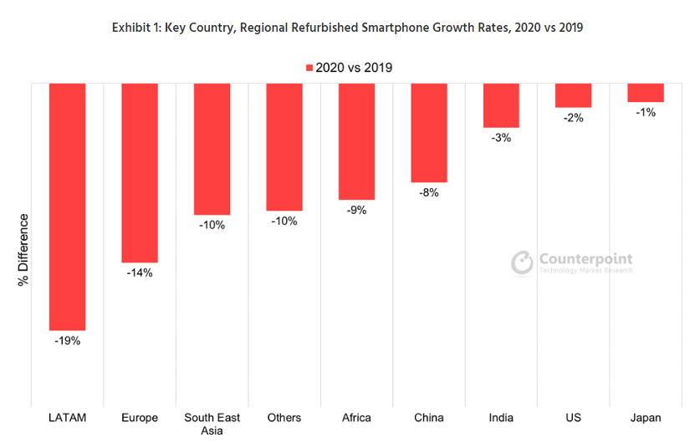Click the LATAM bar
click(x=68, y=206)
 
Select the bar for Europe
click(x=140, y=173)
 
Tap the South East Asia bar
click(x=212, y=150)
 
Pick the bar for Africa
click(x=356, y=141)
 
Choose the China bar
click(x=429, y=133)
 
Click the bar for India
click(x=501, y=105)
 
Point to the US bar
click(x=574, y=95)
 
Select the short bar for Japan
click(x=646, y=93)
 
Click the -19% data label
click(x=68, y=340)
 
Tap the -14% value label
click(x=140, y=273)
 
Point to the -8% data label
click(x=429, y=192)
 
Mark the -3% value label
click(x=501, y=137)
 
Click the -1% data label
click(x=646, y=112)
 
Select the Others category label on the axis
click(x=284, y=416)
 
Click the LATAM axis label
click(x=68, y=416)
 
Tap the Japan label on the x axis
click(x=646, y=416)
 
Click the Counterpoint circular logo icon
click(x=523, y=262)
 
